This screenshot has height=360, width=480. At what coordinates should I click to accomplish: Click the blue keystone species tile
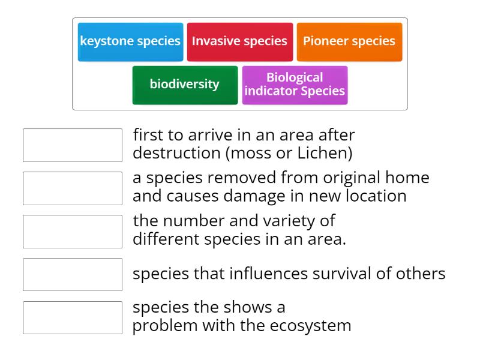coord(130,41)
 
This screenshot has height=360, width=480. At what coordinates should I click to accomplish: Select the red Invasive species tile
coord(239,41)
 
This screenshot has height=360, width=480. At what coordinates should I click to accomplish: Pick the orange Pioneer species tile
coord(349,41)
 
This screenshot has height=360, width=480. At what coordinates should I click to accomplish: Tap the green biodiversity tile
coord(185,85)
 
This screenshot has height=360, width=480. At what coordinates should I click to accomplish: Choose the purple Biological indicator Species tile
coord(295,85)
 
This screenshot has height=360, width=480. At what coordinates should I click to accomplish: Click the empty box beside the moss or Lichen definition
coord(72,145)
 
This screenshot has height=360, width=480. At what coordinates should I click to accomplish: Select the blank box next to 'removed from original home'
coord(72,188)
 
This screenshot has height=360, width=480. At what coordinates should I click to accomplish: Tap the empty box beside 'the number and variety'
coord(72,231)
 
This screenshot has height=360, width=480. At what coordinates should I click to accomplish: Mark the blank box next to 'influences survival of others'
coord(72,274)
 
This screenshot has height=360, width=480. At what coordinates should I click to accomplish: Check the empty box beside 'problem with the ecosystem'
coord(72,317)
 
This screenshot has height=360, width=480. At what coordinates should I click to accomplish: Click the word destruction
coord(176,153)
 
